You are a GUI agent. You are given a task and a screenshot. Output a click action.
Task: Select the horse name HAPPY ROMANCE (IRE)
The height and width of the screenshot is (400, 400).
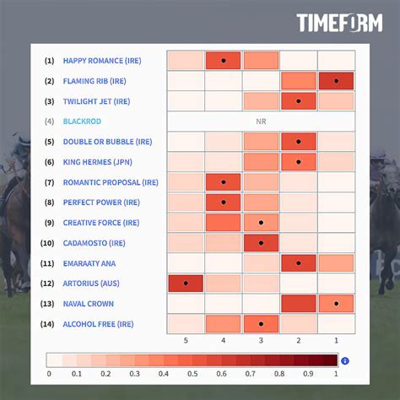click(x=102, y=61)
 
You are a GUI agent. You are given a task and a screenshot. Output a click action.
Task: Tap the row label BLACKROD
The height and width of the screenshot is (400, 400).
click(x=83, y=122)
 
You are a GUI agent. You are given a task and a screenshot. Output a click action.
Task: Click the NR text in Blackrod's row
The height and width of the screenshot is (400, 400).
click(x=261, y=122)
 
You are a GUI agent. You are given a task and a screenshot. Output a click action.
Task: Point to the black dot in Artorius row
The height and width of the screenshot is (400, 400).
click(x=185, y=284)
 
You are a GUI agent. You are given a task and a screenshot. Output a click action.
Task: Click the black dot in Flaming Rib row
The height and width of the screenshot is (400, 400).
click(x=336, y=81)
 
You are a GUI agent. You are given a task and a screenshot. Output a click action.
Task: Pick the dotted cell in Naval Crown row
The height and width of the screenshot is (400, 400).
click(x=336, y=304)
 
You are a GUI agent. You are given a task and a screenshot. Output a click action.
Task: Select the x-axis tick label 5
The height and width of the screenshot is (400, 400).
click(x=185, y=341)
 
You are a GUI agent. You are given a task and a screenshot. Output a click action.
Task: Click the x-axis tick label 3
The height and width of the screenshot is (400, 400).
click(x=261, y=341)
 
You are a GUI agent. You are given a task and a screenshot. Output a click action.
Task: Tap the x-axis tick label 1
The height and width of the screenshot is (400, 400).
click(x=336, y=341)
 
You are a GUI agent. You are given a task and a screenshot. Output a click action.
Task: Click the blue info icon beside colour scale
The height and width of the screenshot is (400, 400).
click(x=345, y=361)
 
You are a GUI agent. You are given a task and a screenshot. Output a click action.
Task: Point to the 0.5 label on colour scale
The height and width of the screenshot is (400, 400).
click(x=192, y=373)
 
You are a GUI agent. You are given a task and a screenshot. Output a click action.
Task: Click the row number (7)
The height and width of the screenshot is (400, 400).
click(x=50, y=182)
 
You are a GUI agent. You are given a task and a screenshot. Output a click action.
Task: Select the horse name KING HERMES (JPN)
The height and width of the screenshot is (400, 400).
click(x=97, y=162)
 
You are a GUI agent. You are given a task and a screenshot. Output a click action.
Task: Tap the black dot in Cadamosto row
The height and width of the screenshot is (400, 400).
click(x=261, y=243)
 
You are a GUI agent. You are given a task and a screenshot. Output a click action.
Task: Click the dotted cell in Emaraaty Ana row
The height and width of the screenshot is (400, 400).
click(x=299, y=263)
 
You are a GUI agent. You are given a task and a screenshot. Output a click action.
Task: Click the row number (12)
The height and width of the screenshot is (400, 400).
click(x=49, y=284)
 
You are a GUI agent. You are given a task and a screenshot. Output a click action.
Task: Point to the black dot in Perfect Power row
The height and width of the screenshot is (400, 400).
click(x=223, y=203)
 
